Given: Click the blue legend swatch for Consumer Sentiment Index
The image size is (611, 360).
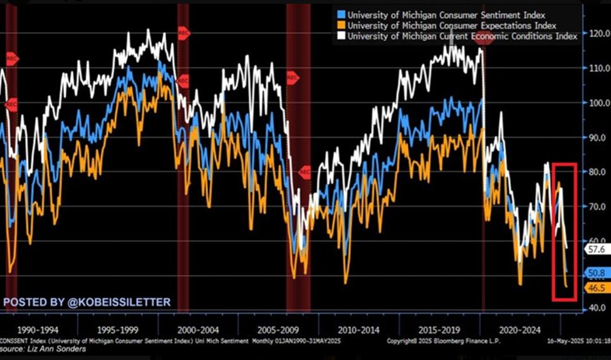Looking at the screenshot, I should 340,14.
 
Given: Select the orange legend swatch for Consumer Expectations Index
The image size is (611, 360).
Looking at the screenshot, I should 340,26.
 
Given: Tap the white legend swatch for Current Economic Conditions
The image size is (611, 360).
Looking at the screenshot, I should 340,36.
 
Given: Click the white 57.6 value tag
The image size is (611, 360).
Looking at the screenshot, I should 594,249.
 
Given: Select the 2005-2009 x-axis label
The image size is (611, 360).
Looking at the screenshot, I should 278,329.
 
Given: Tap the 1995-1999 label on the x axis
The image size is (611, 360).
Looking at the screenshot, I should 118,329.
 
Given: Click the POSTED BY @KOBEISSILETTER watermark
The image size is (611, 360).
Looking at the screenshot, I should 86,302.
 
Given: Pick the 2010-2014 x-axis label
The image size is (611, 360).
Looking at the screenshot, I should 358,329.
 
